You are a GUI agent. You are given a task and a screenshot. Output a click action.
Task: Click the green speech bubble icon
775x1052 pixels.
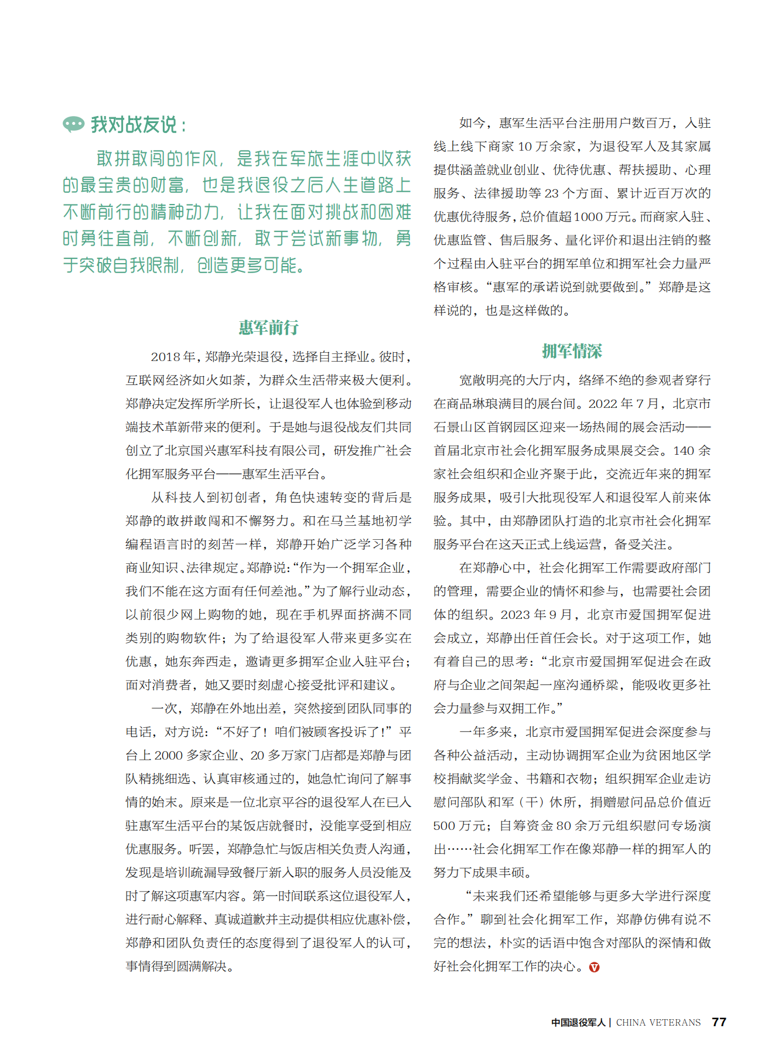pos(74,124)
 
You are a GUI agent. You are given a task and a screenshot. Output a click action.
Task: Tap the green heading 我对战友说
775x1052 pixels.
pos(134,124)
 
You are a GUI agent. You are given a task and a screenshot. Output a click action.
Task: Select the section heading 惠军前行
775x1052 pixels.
pos(269,327)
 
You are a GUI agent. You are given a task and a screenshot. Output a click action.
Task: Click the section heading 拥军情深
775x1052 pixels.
pos(572,351)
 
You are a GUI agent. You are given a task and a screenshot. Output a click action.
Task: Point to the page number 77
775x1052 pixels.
pos(719,1022)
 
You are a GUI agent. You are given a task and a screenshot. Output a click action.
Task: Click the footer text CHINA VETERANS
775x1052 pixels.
pos(658,1023)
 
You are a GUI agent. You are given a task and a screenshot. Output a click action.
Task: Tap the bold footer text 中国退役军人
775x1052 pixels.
pos(578,1023)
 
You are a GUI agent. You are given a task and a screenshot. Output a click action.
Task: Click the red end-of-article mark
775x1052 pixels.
pos(594,967)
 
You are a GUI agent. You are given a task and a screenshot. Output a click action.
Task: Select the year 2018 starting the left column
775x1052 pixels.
pos(165,357)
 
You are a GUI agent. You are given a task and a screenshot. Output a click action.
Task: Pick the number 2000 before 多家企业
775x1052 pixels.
pos(169,755)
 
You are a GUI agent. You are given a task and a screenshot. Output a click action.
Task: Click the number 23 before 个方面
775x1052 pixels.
pos(552,193)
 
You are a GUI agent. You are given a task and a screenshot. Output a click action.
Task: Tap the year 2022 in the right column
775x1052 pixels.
pos(603,404)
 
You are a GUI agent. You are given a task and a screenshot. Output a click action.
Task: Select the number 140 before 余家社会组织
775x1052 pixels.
pos(684,451)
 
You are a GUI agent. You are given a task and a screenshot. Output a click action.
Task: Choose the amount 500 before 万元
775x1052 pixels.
pos(444,826)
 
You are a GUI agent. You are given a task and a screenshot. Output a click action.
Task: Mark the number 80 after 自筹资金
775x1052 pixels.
pos(564,826)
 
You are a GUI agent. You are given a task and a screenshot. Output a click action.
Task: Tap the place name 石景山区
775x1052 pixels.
pos(453,427)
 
